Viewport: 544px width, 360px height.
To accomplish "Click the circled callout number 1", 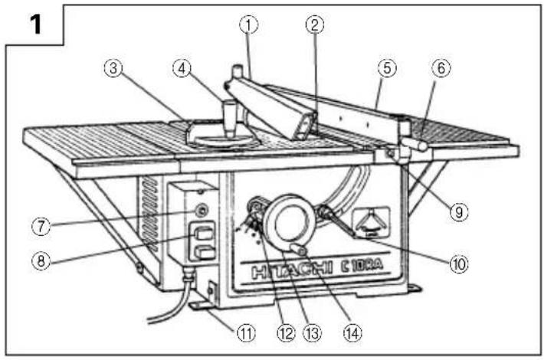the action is (x=249, y=25).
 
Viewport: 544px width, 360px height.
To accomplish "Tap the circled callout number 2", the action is (x=315, y=25).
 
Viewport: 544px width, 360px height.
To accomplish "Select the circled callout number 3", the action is (x=113, y=69).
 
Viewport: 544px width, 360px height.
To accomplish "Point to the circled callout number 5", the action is (x=387, y=68).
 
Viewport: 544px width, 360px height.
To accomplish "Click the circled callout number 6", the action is (x=441, y=68).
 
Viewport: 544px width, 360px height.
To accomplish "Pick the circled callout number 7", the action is (x=41, y=227).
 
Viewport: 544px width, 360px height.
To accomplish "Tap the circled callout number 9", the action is (x=459, y=211).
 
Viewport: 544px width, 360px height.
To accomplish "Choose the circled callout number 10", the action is (x=459, y=264).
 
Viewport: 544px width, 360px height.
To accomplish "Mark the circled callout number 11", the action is (x=246, y=333).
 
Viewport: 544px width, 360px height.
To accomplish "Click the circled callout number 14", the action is (x=352, y=333).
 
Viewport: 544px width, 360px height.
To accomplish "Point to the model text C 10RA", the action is (x=362, y=265).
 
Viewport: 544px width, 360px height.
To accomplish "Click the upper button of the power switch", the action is (x=203, y=234).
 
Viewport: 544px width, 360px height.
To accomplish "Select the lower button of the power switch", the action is (x=204, y=253).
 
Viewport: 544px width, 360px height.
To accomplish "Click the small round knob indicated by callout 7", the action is (x=201, y=210).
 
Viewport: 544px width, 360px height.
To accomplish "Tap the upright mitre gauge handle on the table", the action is (x=230, y=118).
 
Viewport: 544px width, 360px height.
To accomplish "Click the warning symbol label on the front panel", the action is (x=372, y=222).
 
